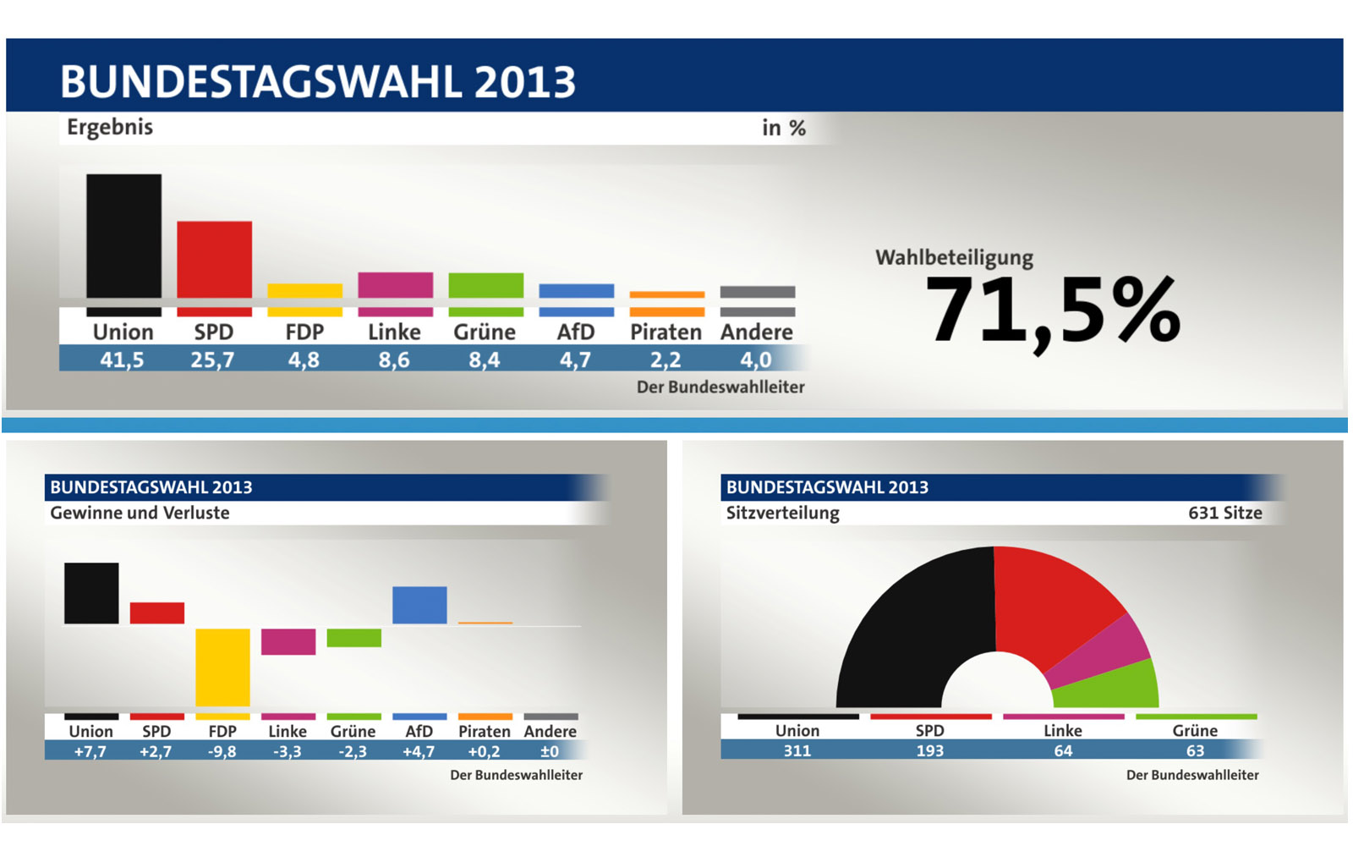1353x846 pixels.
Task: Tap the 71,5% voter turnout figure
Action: coord(1052,310)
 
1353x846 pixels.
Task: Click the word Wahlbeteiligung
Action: coord(954,257)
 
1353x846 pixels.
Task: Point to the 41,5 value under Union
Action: coord(122,360)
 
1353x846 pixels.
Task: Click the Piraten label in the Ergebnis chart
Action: coord(666,332)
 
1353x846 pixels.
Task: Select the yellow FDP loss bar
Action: coord(222,667)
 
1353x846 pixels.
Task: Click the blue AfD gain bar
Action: coord(419,605)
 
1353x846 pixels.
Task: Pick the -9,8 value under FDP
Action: coord(222,751)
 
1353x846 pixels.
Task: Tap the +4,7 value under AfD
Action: coord(419,751)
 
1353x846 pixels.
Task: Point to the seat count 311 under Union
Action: coord(797,750)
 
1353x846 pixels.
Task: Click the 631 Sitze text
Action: coord(1224,513)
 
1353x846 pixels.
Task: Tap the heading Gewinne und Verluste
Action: coord(140,513)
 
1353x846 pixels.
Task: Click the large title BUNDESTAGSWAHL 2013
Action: coord(318,82)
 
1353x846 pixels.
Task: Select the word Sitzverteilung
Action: coord(782,513)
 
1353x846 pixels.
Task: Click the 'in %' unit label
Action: coord(783,128)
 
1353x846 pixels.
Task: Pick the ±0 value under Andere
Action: coord(550,751)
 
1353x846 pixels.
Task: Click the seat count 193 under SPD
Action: coord(929,750)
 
